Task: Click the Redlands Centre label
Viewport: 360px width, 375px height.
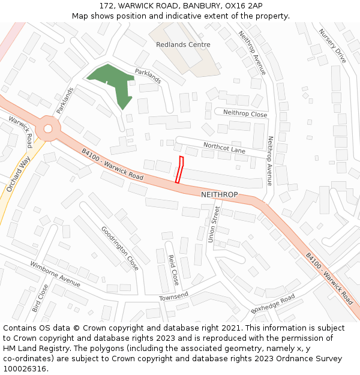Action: point(183,44)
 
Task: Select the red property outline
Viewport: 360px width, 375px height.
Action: point(179,169)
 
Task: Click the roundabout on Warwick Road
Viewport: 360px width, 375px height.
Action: point(48,127)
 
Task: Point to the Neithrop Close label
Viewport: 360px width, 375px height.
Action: point(245,113)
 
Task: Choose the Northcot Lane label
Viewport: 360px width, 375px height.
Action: point(224,147)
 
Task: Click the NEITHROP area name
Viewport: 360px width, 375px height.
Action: point(220,195)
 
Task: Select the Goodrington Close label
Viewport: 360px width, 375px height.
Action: point(120,248)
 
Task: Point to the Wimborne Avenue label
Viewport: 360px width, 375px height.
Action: point(55,274)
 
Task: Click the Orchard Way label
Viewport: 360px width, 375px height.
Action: point(18,174)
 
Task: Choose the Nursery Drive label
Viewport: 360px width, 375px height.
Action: point(332,46)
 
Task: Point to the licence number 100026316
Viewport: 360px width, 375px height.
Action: point(25,369)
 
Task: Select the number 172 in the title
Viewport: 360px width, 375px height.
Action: point(107,5)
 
